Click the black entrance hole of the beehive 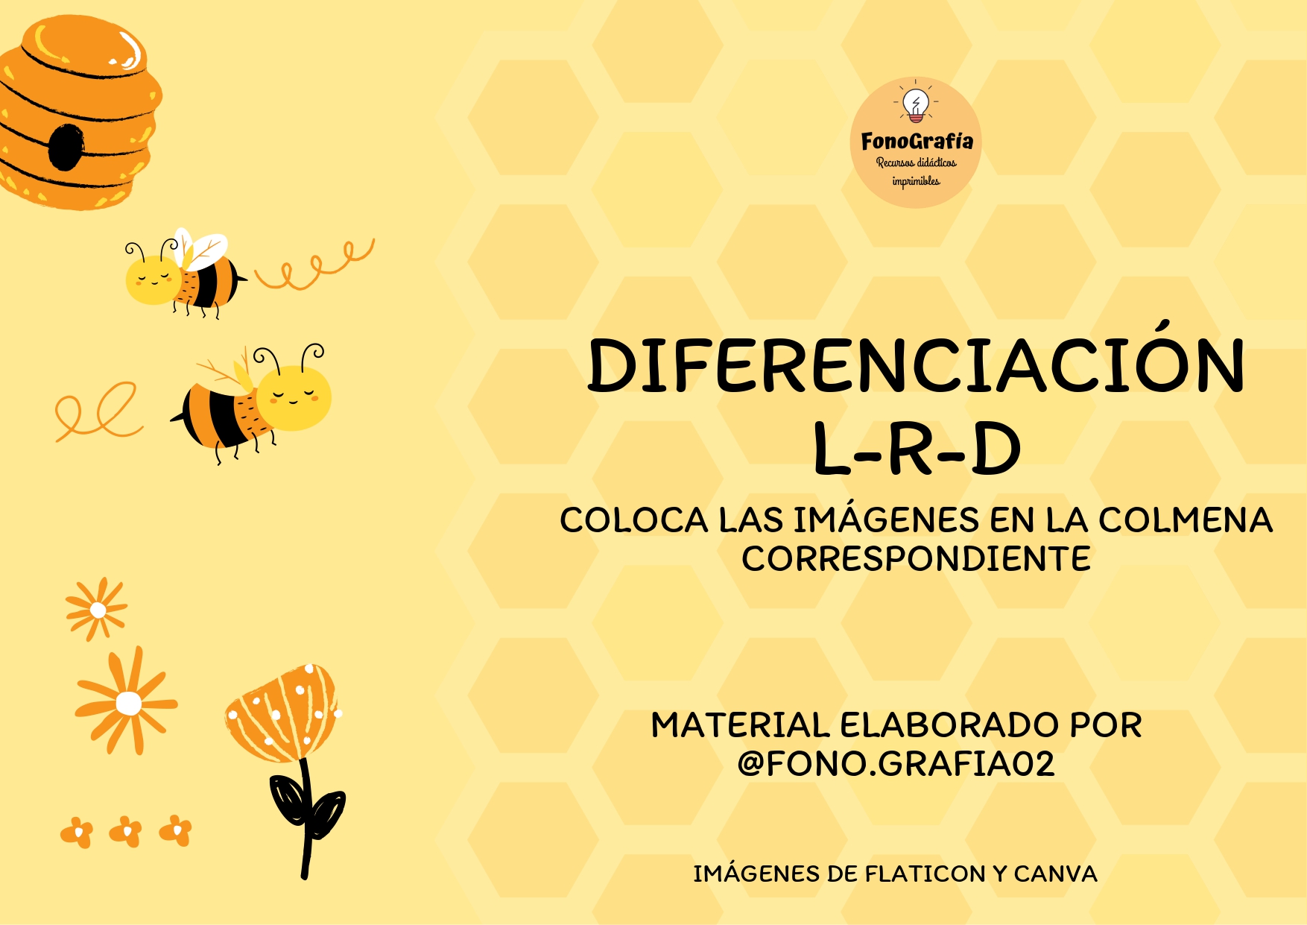tap(65, 147)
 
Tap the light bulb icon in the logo tap(916, 105)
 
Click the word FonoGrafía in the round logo tap(917, 141)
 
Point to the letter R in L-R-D tap(917, 449)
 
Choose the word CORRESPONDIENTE tap(916, 559)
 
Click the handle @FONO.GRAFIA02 tap(896, 764)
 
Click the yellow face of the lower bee tap(294, 397)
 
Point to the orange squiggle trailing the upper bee tap(314, 265)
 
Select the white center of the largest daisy tap(129, 703)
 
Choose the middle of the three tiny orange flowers tap(126, 831)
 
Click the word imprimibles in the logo tap(916, 181)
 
